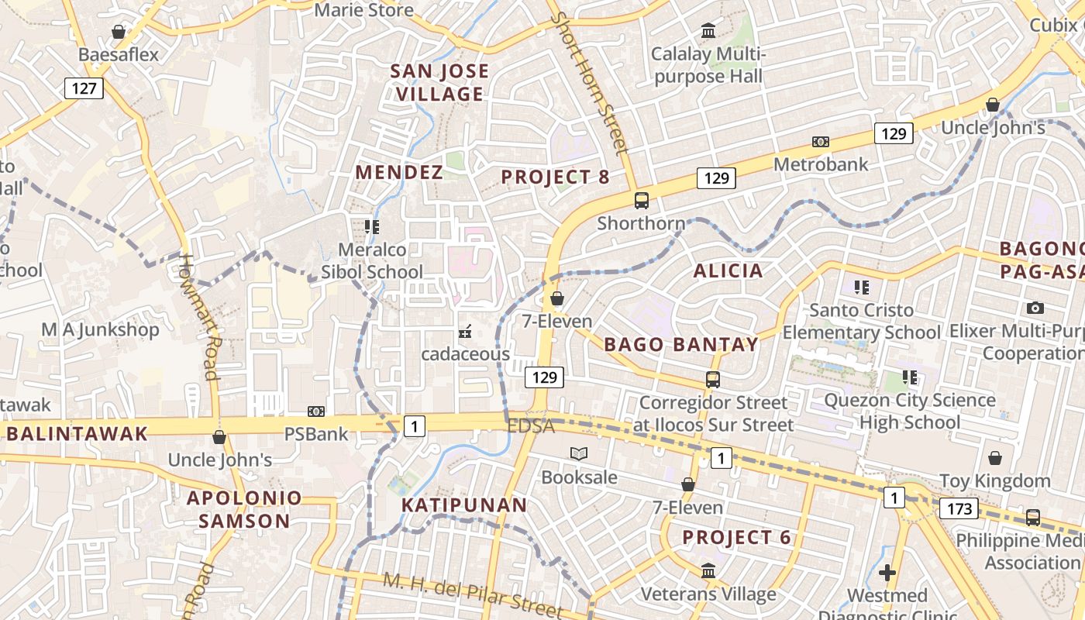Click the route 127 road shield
[x=84, y=88]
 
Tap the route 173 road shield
[x=959, y=508]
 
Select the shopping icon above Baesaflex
[x=119, y=32]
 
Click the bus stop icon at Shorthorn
[x=642, y=200]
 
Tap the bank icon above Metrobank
[x=821, y=142]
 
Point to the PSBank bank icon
[x=315, y=412]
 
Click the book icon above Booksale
[x=579, y=454]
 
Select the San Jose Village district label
[x=439, y=82]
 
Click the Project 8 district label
[x=555, y=177]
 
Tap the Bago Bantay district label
[x=680, y=344]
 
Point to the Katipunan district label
[x=464, y=505]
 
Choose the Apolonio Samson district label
[x=244, y=509]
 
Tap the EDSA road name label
[x=531, y=426]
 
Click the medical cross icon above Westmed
[x=887, y=573]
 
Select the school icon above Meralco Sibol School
[x=372, y=226]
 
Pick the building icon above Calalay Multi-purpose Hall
[x=708, y=31]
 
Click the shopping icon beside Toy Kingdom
[x=994, y=458]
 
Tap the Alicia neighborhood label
[x=728, y=270]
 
